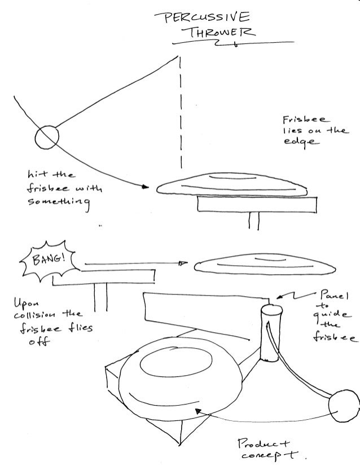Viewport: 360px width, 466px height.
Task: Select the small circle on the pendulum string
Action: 47,137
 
